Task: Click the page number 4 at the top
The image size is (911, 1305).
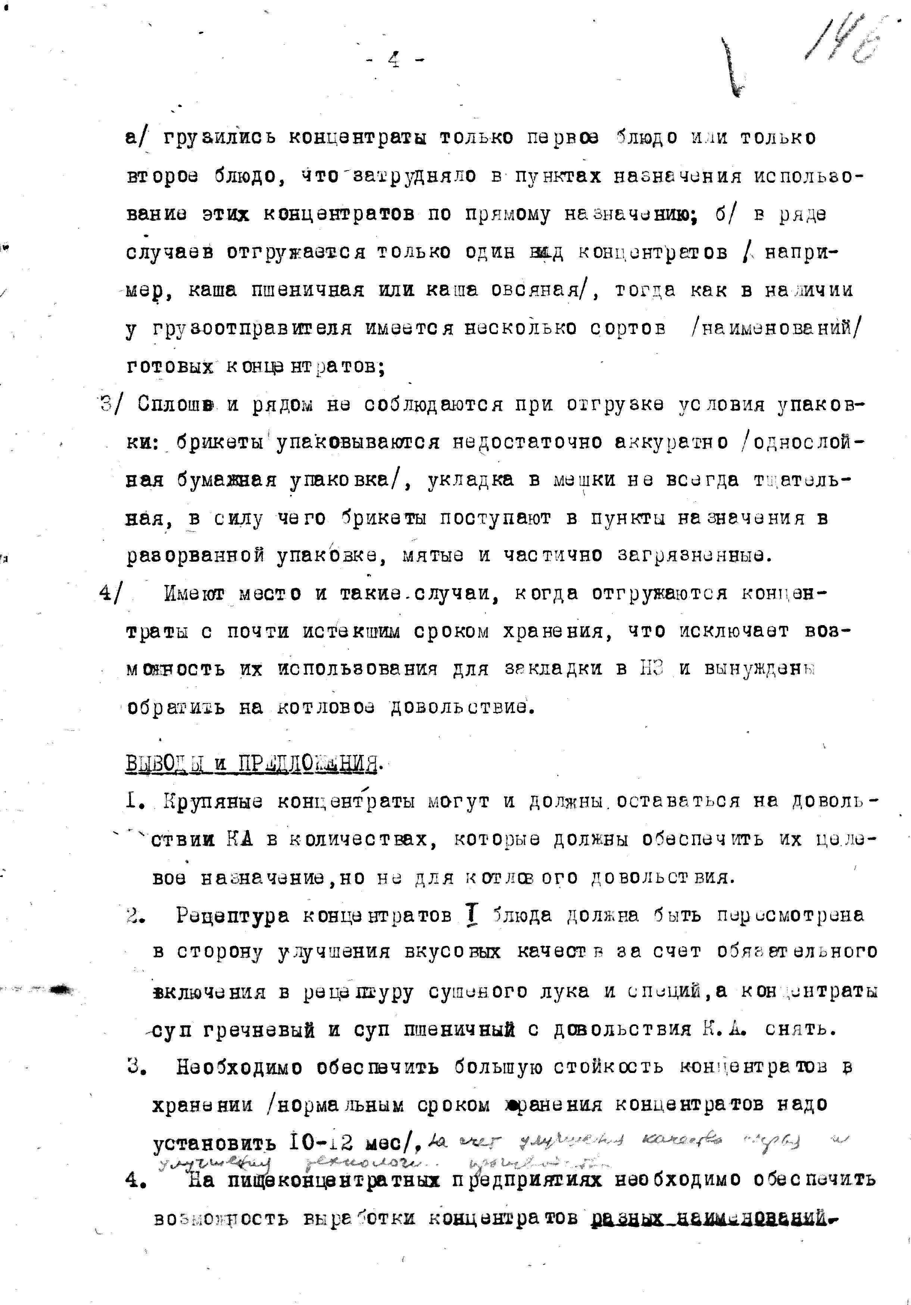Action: point(394,59)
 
